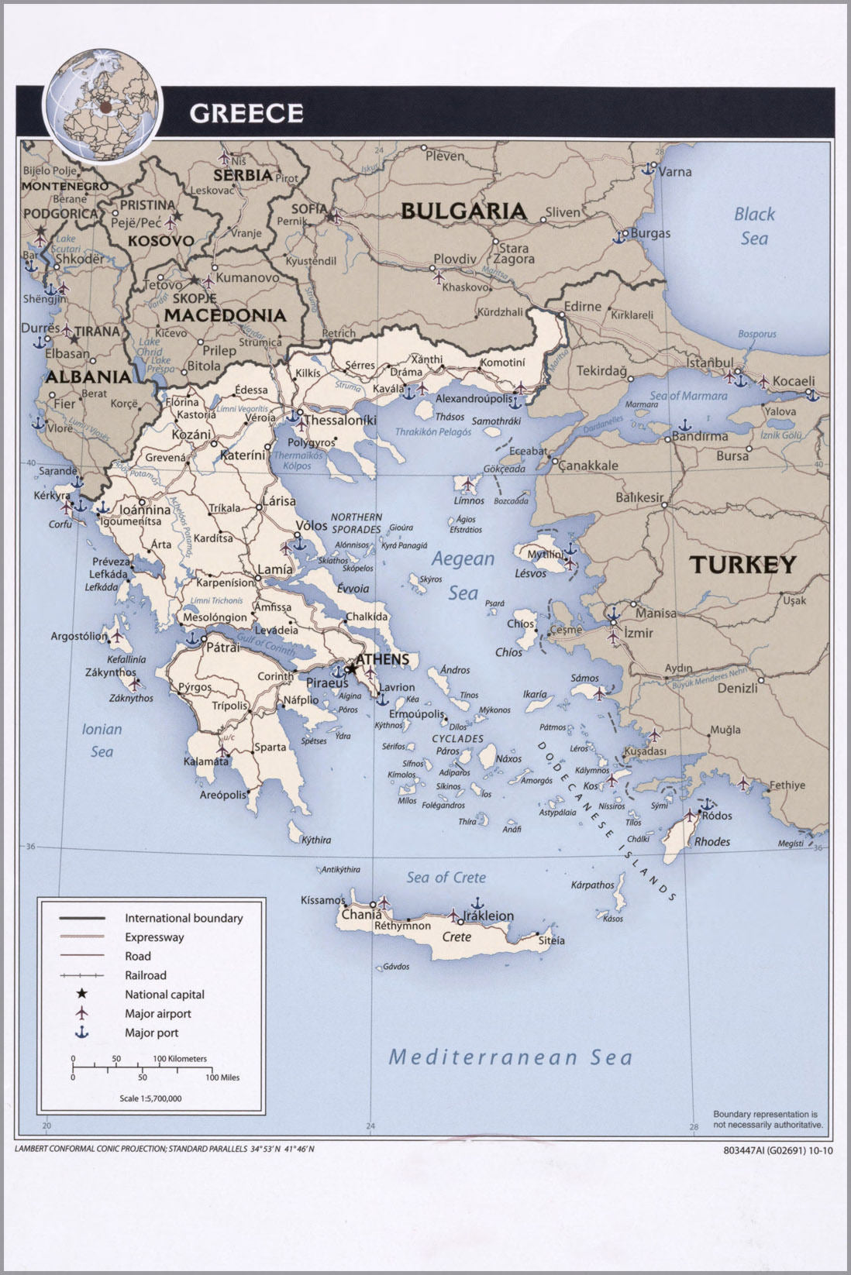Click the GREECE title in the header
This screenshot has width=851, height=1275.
point(246,113)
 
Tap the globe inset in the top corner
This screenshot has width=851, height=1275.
point(102,104)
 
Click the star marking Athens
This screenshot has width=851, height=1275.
point(352,668)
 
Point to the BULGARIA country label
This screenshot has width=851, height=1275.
point(463,211)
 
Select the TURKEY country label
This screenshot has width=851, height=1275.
point(742,565)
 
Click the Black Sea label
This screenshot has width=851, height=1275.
point(754,225)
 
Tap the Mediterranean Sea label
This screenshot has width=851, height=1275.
point(510,1057)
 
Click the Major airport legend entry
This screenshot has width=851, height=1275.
point(157,1013)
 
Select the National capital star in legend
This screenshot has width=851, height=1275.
point(81,994)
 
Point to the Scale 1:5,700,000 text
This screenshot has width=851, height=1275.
point(150,1098)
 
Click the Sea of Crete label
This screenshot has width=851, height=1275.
point(446,877)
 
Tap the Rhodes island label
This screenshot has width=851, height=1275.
point(711,841)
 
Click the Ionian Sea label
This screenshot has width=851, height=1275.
point(102,740)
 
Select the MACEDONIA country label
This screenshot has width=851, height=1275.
point(225,315)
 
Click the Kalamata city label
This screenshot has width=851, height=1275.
point(205,761)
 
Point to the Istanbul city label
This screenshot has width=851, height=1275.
point(709,363)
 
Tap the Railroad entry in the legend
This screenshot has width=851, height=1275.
point(145,975)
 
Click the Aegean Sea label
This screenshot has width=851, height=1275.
point(463,575)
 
